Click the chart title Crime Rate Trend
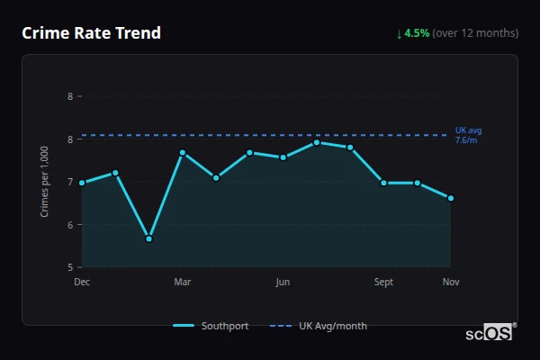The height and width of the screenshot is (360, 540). click(91, 33)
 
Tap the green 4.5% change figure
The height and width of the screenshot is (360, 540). click(418, 33)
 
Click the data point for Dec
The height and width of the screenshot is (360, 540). click(82, 183)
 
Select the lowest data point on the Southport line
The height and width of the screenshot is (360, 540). click(148, 238)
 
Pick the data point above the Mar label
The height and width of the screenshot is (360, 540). click(182, 153)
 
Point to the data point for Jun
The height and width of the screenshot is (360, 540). click(283, 157)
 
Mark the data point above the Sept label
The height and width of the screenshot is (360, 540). click(383, 183)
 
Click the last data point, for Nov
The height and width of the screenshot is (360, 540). click(451, 198)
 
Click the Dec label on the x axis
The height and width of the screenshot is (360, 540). click(82, 282)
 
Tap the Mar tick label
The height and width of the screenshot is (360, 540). click(182, 282)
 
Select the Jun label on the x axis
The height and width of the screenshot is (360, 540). click(283, 282)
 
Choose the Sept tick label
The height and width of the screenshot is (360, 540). click(383, 282)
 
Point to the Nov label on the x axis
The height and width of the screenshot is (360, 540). click(451, 282)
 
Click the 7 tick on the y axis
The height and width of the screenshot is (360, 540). click(70, 182)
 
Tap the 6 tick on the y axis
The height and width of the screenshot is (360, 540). click(70, 225)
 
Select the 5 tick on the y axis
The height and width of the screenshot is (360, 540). click(70, 267)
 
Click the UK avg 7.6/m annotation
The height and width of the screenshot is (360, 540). click(468, 135)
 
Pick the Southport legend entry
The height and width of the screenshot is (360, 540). click(211, 326)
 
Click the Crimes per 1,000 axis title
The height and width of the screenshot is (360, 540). click(45, 182)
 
